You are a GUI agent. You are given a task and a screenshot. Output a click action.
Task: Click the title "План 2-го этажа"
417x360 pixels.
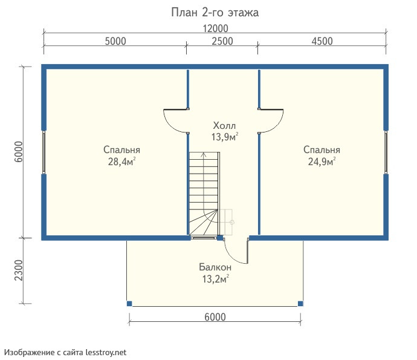(215, 12)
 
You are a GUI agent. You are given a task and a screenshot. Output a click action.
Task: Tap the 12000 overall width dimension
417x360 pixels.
(215, 28)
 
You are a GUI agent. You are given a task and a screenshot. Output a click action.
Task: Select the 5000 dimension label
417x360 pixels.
(115, 41)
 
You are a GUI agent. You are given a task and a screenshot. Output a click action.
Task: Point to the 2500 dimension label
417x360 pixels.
(222, 41)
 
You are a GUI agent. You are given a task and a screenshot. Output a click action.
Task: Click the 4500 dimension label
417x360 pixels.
(322, 41)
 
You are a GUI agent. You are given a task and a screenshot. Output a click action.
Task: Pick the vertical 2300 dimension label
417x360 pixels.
(19, 270)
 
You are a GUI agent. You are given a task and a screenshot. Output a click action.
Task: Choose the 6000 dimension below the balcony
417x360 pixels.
(215, 317)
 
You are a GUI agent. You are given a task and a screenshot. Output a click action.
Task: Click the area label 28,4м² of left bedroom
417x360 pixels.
(122, 162)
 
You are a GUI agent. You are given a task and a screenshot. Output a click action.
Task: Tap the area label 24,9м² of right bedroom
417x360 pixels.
(322, 162)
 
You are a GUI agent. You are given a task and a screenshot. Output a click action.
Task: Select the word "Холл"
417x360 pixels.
(224, 125)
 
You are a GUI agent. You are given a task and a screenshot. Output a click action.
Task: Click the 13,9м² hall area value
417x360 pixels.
(225, 137)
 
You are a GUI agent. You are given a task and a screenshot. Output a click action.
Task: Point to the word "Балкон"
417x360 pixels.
(215, 267)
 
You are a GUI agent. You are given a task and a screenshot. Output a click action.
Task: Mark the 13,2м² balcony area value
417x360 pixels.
(216, 279)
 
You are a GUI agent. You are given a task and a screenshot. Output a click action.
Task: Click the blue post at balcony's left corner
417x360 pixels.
(129, 304)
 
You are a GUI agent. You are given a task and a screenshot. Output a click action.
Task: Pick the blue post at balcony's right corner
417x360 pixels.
(300, 304)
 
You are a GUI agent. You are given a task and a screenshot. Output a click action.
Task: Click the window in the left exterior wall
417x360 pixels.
(44, 152)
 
